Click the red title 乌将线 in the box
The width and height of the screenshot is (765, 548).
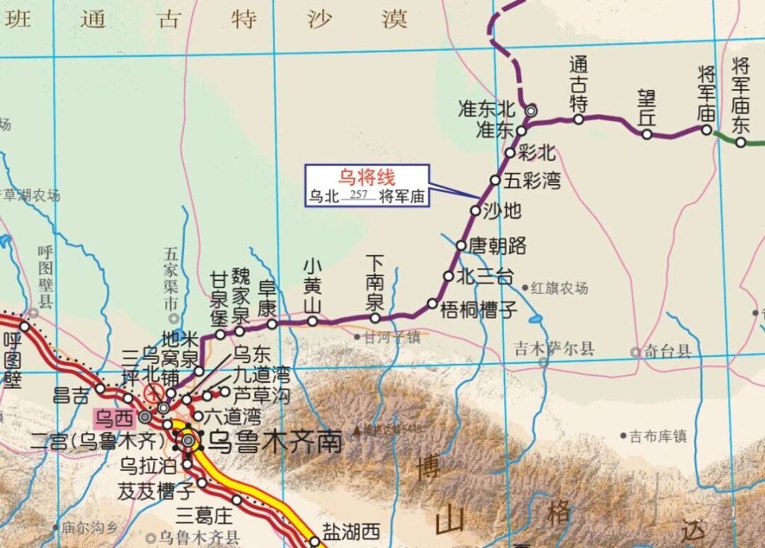point(367,177)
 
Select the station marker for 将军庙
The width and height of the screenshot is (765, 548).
point(706,129)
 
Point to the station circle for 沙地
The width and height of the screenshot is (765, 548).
point(476,211)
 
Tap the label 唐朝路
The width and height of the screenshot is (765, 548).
point(498,245)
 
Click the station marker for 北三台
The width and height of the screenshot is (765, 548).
point(449,276)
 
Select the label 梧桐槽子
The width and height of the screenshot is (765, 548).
point(479,311)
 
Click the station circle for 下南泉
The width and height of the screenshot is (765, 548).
point(375,318)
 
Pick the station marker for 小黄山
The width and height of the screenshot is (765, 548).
point(312,322)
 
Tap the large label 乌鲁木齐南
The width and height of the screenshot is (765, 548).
point(274,440)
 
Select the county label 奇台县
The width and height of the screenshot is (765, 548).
point(667,350)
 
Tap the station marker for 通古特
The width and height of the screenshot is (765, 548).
point(579,119)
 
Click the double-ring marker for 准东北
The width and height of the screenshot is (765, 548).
point(530,111)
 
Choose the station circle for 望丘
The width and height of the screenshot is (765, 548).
point(647,134)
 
